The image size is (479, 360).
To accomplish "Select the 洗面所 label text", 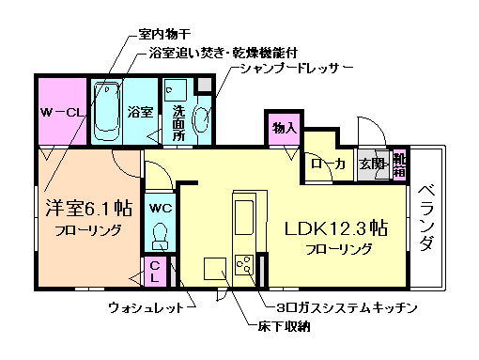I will (178, 121).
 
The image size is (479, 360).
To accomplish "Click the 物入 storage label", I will (285, 127).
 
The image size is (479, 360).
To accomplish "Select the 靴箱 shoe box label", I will (399, 165).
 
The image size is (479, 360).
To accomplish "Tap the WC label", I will (160, 208).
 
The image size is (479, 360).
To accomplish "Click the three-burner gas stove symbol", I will (244, 265).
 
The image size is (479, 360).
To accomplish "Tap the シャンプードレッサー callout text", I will (295, 69).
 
